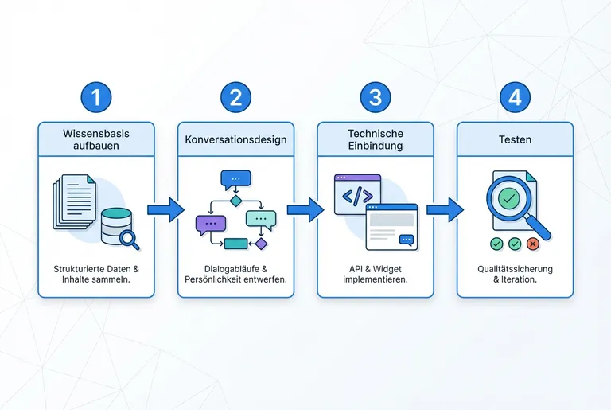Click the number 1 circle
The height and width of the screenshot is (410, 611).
(96, 97)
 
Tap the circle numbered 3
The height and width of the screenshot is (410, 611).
(376, 97)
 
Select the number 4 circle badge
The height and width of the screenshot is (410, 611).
(515, 97)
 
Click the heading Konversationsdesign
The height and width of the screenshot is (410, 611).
(235, 139)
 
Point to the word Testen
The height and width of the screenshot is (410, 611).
(515, 139)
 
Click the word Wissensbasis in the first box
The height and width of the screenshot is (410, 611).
(96, 133)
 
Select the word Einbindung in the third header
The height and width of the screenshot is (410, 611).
(376, 146)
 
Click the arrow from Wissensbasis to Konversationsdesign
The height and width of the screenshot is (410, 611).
(165, 209)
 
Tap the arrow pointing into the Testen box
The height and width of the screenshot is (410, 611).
(445, 209)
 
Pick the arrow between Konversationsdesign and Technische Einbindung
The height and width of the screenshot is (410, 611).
(305, 209)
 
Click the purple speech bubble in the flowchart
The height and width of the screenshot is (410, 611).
(210, 224)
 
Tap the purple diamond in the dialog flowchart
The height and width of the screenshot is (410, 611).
(260, 244)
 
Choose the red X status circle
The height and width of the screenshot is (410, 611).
(533, 244)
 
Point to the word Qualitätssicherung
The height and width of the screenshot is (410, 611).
(515, 269)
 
